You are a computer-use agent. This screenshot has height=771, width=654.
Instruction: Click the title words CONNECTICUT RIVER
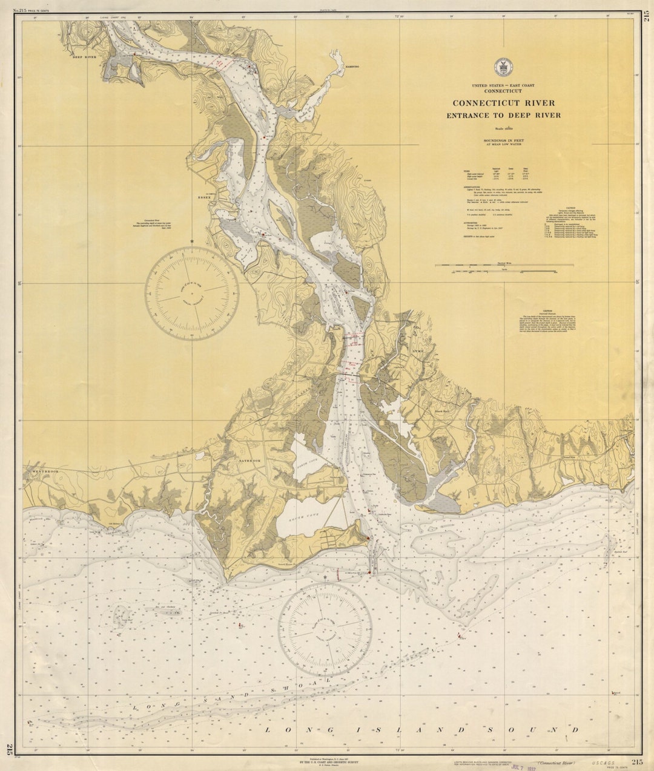(x=503, y=103)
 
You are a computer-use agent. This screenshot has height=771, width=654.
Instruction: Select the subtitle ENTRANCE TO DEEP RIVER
(x=503, y=115)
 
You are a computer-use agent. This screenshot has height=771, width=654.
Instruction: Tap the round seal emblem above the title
(x=502, y=66)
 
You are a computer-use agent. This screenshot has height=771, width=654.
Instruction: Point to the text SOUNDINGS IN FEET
(x=503, y=141)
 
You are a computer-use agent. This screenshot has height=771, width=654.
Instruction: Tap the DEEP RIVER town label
(x=85, y=57)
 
